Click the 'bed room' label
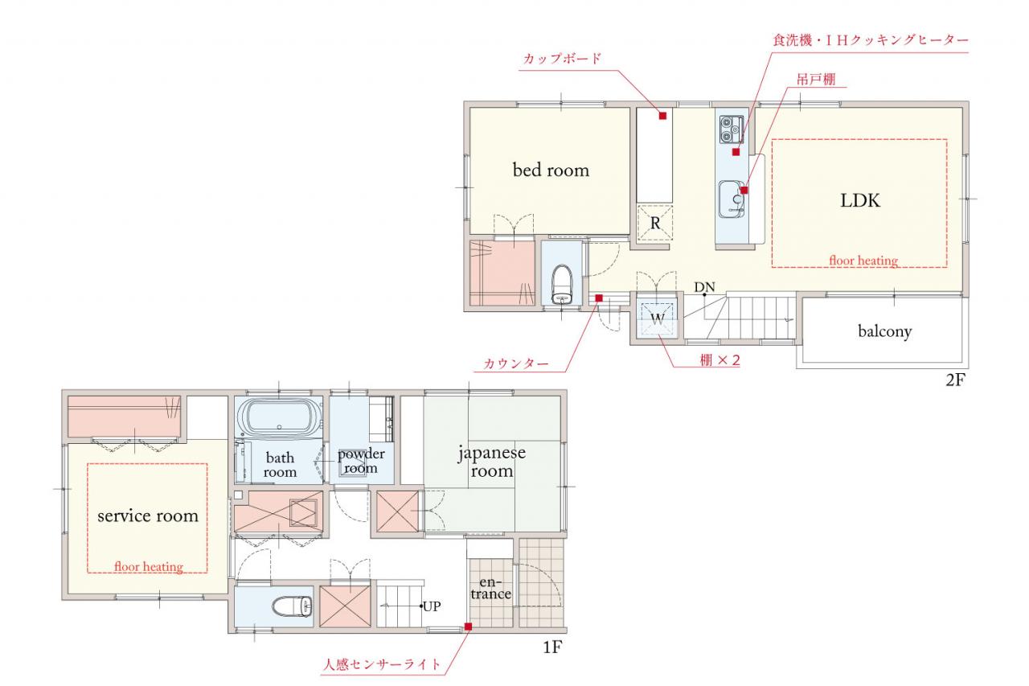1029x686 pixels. (x=551, y=170)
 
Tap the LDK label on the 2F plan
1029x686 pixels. (x=860, y=201)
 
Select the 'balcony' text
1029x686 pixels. (x=885, y=331)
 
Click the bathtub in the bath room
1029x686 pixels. (x=279, y=417)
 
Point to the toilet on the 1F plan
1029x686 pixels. (x=292, y=606)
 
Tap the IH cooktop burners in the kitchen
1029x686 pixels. (x=731, y=129)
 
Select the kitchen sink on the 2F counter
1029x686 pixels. (x=732, y=199)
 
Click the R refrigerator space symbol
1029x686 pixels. (x=655, y=224)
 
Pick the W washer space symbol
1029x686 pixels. (x=658, y=318)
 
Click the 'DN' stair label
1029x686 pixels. (x=704, y=288)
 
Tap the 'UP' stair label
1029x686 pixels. (x=432, y=606)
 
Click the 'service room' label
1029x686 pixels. (x=148, y=516)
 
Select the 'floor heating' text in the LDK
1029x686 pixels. (x=863, y=261)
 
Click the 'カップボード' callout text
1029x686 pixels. (x=562, y=59)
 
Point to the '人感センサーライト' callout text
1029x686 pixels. (x=381, y=664)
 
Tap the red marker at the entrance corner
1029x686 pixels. (x=468, y=626)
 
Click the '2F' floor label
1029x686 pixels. (x=955, y=380)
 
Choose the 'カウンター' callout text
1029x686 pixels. (x=516, y=364)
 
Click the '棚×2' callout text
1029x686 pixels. (x=719, y=360)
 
